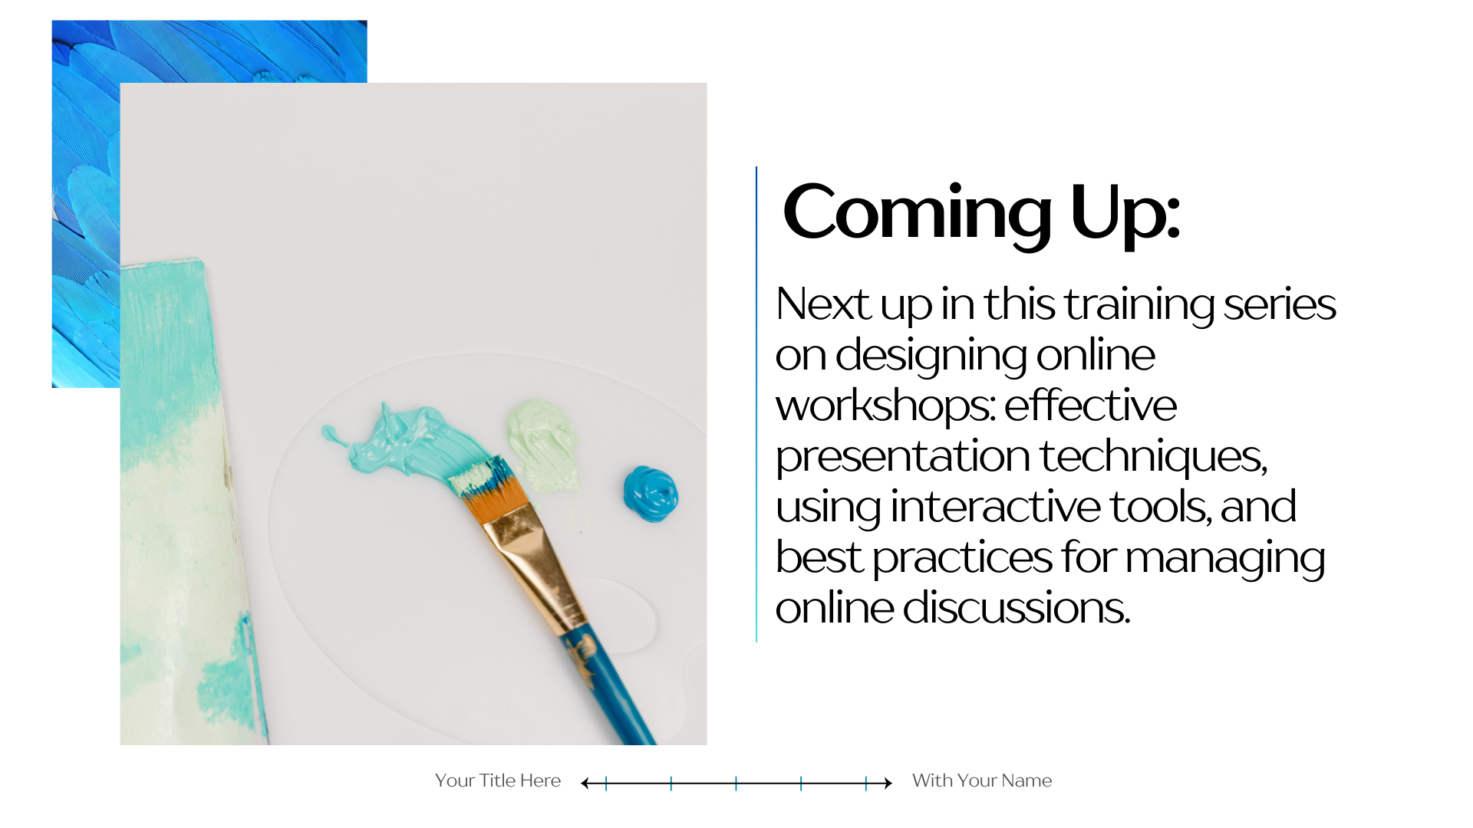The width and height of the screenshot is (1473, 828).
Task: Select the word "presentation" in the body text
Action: click(902, 458)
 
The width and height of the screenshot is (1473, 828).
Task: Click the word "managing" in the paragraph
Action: click(1224, 559)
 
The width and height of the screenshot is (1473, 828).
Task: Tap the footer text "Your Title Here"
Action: click(498, 780)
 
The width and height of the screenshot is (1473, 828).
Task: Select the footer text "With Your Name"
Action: click(982, 780)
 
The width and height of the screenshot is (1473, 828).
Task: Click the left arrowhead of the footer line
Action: click(585, 783)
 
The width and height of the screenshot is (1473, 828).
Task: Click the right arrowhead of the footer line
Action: click(888, 783)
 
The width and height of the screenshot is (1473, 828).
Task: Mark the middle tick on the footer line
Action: click(736, 783)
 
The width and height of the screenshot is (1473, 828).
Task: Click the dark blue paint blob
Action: click(651, 494)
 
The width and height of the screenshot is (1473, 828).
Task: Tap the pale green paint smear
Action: click(541, 445)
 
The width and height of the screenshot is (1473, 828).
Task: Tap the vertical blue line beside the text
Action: click(756, 404)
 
